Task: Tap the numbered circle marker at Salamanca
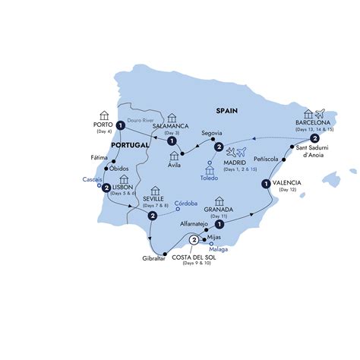click(x=172, y=141)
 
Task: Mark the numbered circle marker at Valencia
click(x=266, y=183)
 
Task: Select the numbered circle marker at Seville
click(x=153, y=216)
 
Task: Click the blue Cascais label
click(x=92, y=180)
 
